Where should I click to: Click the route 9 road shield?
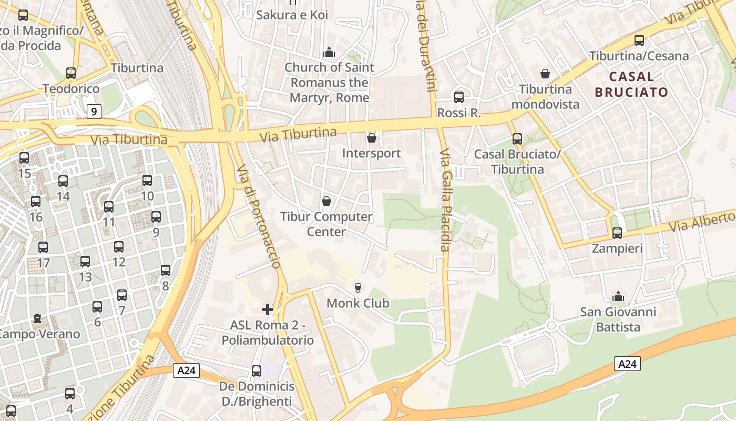pyautogui.click(x=94, y=112)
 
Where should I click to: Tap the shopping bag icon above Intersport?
pyautogui.click(x=372, y=138)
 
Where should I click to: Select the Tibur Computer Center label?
pyautogui.click(x=326, y=224)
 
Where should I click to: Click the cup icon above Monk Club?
pyautogui.click(x=358, y=287)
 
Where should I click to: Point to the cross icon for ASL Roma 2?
pyautogui.click(x=268, y=309)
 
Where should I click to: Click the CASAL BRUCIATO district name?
pyautogui.click(x=631, y=84)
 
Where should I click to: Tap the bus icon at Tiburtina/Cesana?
pyautogui.click(x=639, y=41)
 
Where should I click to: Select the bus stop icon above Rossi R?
pyautogui.click(x=459, y=97)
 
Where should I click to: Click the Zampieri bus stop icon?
pyautogui.click(x=617, y=233)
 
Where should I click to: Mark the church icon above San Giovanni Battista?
pyautogui.click(x=618, y=297)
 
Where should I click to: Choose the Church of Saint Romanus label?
pyautogui.click(x=329, y=83)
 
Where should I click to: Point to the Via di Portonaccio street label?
pyautogui.click(x=259, y=216)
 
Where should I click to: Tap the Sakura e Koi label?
pyautogui.click(x=292, y=15)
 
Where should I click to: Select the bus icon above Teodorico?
pyautogui.click(x=71, y=73)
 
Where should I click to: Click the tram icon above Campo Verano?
pyautogui.click(x=37, y=318)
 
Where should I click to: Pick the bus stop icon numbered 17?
pyautogui.click(x=43, y=247)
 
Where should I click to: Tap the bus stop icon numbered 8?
pyautogui.click(x=166, y=270)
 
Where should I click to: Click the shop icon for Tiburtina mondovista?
pyautogui.click(x=545, y=74)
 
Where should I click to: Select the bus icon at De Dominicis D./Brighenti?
pyautogui.click(x=257, y=371)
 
